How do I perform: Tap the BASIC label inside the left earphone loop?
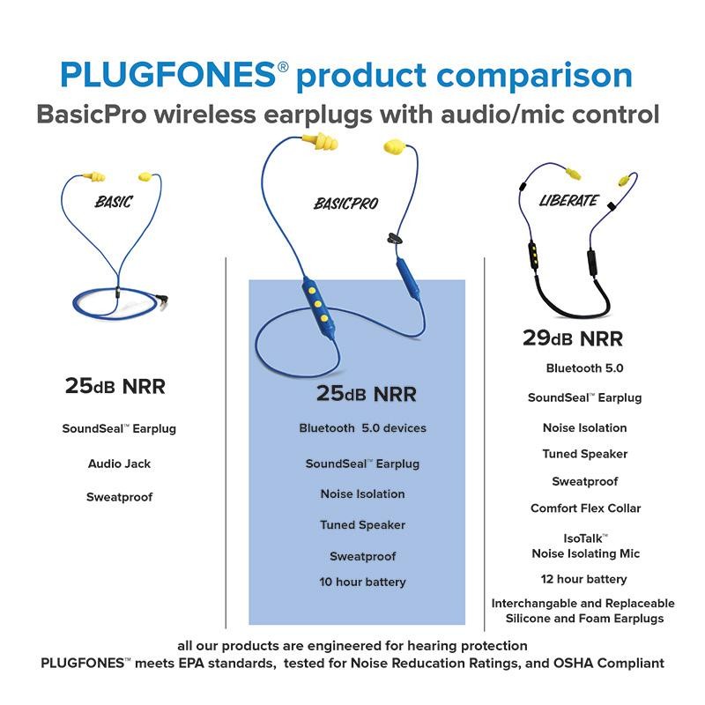pos(114,202)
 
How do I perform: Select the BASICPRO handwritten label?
pos(346,204)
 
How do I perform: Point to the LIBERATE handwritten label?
pos(568,200)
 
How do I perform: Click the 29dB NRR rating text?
pos(572,338)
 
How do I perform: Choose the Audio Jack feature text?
pos(119,464)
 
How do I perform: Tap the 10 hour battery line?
pos(362,583)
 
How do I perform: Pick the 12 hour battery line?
pos(583,579)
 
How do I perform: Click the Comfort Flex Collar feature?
pos(585,508)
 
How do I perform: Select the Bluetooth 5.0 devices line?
pos(362,428)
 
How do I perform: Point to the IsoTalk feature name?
pos(585,537)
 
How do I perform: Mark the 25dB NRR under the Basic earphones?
pos(115,386)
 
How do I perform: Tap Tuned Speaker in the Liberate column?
pos(585,455)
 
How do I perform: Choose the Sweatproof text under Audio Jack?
pos(119,497)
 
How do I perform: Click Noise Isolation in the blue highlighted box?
pos(362,494)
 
